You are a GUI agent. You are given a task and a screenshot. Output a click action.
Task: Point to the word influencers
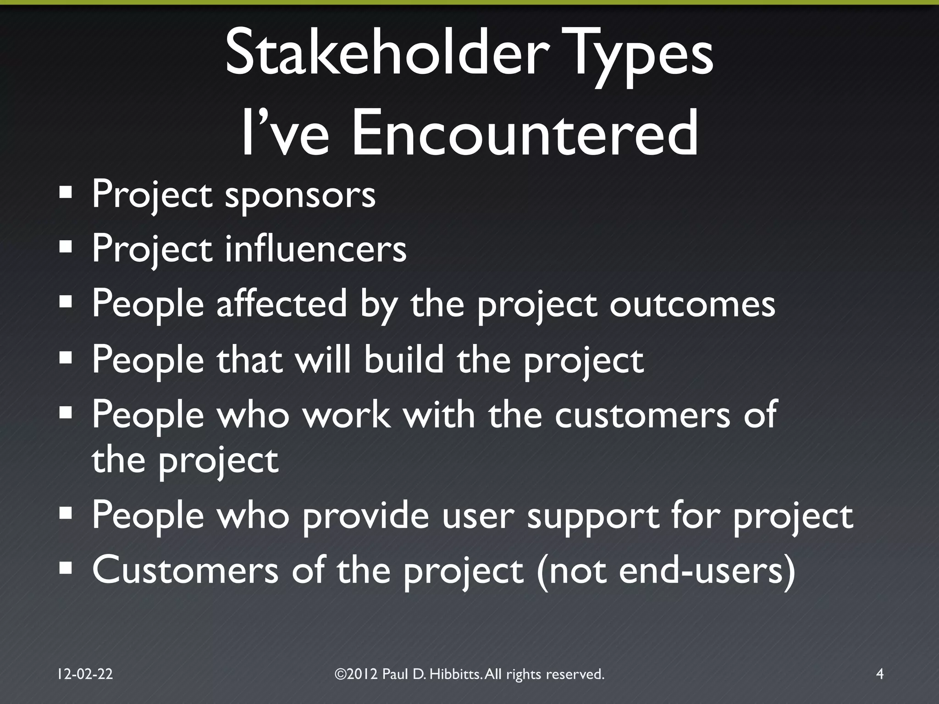315,248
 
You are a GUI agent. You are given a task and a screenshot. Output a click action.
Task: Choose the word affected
282,304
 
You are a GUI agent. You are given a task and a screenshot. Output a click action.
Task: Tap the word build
404,359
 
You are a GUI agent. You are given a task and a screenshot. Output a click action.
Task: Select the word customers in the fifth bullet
642,415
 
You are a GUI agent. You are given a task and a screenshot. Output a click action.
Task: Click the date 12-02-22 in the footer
85,674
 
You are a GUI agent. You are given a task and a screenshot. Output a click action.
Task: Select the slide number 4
879,674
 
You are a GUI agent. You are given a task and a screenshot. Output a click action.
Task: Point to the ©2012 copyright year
356,674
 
